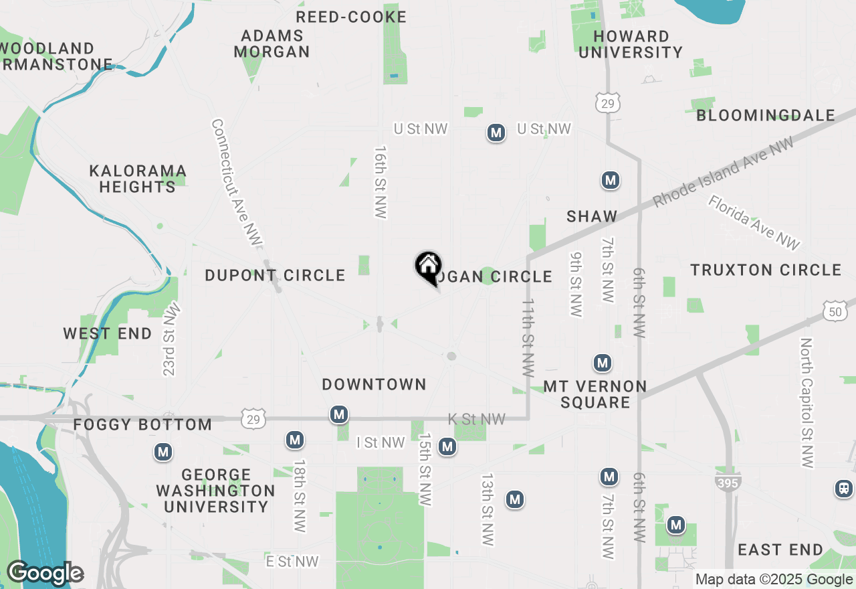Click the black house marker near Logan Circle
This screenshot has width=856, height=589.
tap(428, 267)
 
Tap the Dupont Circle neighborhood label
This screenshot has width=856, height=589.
tap(275, 275)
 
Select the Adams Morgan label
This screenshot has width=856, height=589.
tap(272, 44)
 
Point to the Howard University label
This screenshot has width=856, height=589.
tap(631, 44)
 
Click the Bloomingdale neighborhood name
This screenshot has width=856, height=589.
tap(766, 116)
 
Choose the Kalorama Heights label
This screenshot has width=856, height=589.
tap(138, 179)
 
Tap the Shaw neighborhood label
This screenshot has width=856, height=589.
tap(592, 216)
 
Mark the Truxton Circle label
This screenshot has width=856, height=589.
tap(766, 270)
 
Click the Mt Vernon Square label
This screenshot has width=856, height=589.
tap(595, 394)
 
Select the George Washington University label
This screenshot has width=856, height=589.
tap(215, 491)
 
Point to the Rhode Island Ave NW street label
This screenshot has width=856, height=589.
tap(724, 172)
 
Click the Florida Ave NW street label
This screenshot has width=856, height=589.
tap(754, 223)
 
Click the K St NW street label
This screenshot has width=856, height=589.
tap(476, 420)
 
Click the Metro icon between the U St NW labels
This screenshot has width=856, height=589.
tap(496, 133)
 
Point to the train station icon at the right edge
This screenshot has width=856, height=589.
tap(844, 489)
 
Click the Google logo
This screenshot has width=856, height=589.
tap(45, 573)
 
